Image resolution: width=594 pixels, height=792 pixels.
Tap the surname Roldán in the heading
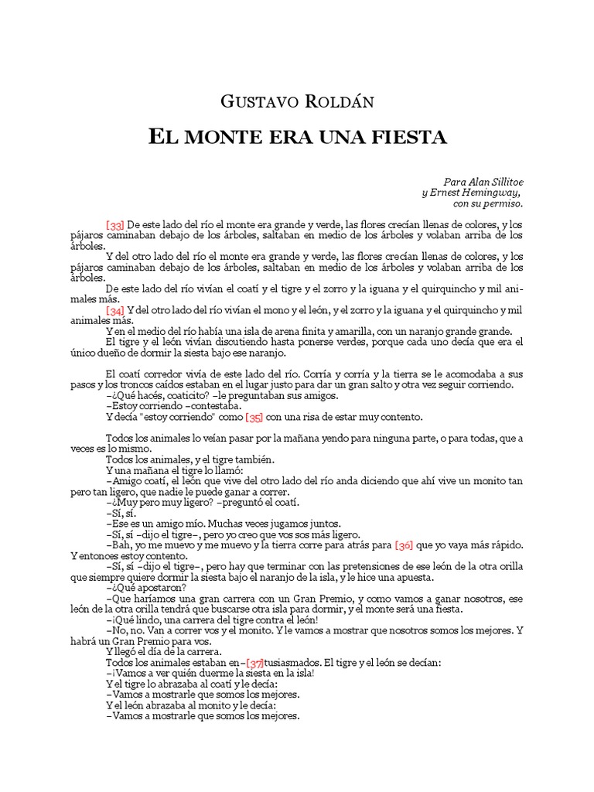336,101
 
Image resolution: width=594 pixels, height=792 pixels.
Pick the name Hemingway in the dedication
490,193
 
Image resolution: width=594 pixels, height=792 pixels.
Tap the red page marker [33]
115,225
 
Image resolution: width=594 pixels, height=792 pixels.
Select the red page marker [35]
254,418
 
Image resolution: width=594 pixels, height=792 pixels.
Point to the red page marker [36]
404,544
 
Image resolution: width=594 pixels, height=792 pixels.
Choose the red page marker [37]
255,662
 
